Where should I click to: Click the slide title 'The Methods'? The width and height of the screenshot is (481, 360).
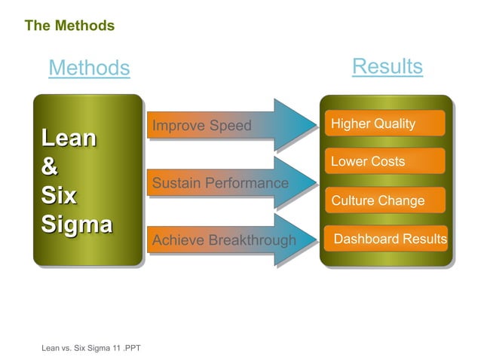[69, 26]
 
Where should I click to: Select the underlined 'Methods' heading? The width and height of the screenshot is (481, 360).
[89, 69]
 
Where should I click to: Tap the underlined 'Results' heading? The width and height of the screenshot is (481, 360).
[387, 66]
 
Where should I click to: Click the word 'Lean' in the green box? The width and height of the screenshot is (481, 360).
[69, 139]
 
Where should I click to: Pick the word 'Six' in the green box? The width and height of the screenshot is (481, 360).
[59, 196]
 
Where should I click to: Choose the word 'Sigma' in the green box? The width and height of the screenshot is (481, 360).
[76, 224]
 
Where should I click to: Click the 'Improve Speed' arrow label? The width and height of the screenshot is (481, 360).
[201, 125]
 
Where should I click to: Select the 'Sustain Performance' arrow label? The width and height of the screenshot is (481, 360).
[220, 183]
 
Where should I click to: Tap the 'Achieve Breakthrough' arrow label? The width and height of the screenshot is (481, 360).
[224, 241]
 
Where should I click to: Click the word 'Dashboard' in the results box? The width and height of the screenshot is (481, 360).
[366, 239]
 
